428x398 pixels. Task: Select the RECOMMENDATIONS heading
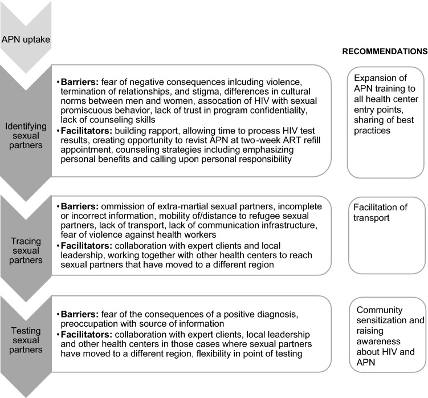point(384,51)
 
